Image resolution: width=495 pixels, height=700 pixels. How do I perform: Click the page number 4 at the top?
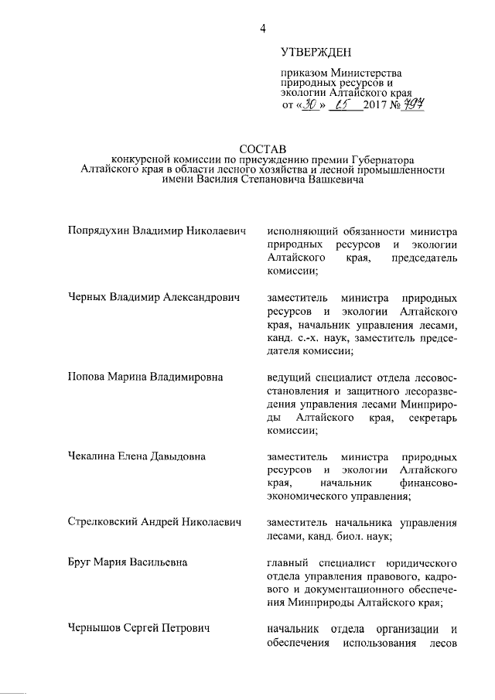point(263,29)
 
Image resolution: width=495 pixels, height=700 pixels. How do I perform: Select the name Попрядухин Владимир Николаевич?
point(155,230)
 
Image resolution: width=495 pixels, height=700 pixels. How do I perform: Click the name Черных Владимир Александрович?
point(154,297)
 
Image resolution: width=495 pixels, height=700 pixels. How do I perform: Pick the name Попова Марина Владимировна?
point(145,377)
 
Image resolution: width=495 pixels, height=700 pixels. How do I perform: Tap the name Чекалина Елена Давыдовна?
point(137,456)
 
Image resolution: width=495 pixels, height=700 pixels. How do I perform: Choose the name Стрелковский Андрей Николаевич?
point(155,522)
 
